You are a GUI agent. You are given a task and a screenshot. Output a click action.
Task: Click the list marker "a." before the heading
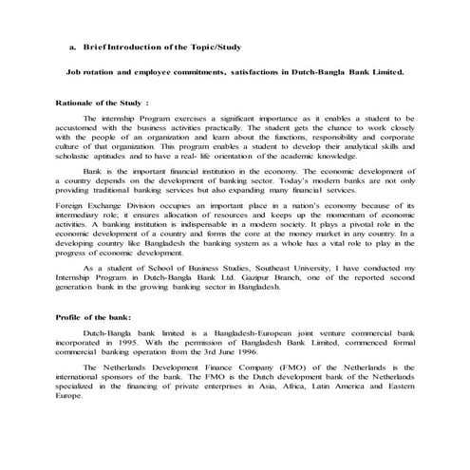pos(72,46)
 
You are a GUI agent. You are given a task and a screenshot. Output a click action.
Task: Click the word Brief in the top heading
pos(97,46)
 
